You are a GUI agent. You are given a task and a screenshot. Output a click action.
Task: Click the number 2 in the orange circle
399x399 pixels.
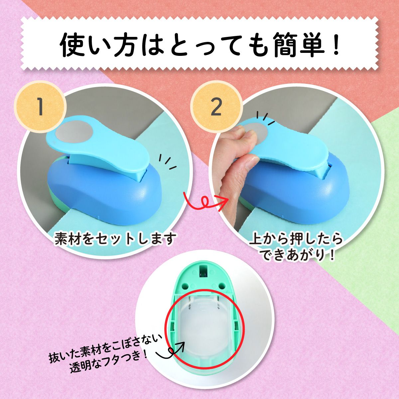(216, 107)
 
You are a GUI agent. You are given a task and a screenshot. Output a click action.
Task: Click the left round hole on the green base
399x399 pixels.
(186, 286)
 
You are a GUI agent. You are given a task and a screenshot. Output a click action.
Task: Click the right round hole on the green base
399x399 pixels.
(222, 286)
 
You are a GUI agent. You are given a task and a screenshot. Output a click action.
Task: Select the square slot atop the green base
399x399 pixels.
(204, 271)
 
